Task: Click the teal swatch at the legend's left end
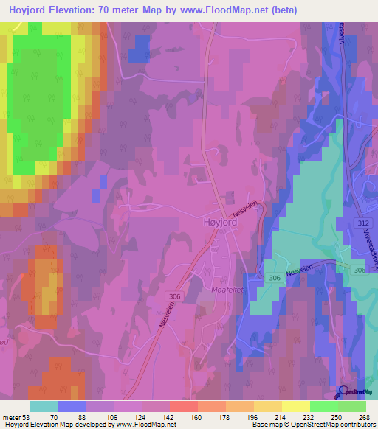(43, 406)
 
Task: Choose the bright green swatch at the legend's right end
(352, 406)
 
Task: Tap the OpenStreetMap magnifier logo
(343, 393)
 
